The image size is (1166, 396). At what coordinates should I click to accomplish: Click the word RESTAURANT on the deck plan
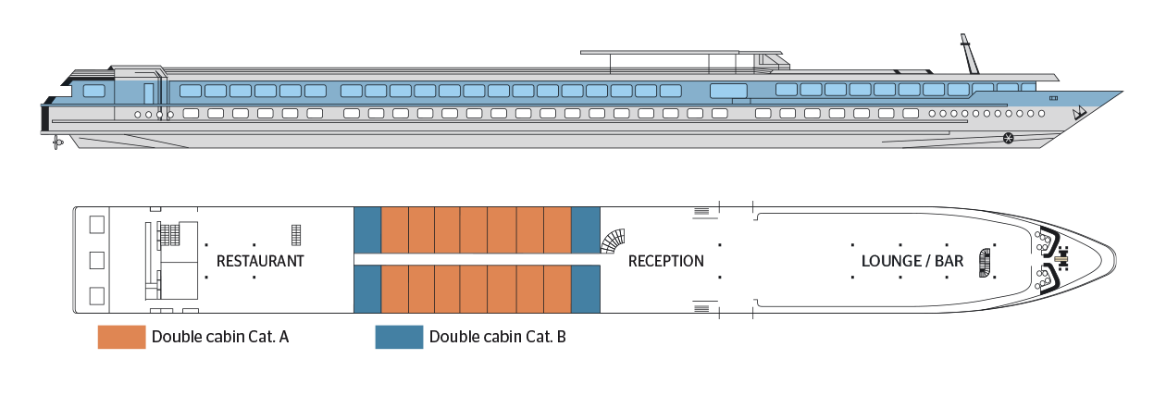pyautogui.click(x=260, y=261)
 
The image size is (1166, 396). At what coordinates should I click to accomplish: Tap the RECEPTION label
pyautogui.click(x=665, y=261)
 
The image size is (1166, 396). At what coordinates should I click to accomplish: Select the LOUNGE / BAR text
pyautogui.click(x=912, y=261)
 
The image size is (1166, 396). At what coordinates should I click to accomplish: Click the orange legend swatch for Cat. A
pyautogui.click(x=121, y=337)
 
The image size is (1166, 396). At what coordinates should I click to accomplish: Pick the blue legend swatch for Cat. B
pyautogui.click(x=399, y=337)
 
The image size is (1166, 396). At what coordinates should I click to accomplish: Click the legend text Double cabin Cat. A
pyautogui.click(x=220, y=337)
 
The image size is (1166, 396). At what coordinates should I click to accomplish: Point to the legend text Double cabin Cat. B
pyautogui.click(x=498, y=337)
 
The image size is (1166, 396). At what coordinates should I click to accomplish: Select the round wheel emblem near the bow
pyautogui.click(x=1009, y=139)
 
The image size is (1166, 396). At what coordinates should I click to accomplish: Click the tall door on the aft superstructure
pyautogui.click(x=148, y=92)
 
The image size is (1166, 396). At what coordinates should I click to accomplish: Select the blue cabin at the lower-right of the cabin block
pyautogui.click(x=585, y=290)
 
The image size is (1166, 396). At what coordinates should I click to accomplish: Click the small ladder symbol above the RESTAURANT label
pyautogui.click(x=296, y=234)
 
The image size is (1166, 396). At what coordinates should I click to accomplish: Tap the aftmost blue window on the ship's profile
pyautogui.click(x=93, y=91)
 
